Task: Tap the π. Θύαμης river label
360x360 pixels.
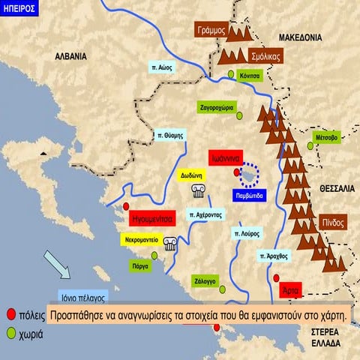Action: pyautogui.click(x=170, y=136)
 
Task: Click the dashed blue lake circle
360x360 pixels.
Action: pyautogui.click(x=248, y=175)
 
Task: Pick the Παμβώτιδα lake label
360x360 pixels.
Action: pyautogui.click(x=248, y=197)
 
